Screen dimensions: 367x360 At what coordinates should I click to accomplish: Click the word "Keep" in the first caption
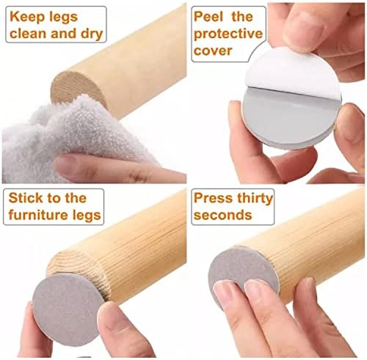pyautogui.click(x=27, y=17)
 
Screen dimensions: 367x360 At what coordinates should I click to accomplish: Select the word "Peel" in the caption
pyautogui.click(x=208, y=17)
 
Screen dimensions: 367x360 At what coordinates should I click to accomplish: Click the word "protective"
pyautogui.click(x=228, y=34)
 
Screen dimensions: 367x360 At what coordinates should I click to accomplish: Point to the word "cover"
pyautogui.click(x=213, y=51)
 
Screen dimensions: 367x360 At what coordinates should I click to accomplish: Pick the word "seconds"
pyautogui.click(x=222, y=215)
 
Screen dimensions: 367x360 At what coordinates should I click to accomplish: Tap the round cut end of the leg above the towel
pyautogui.click(x=78, y=87)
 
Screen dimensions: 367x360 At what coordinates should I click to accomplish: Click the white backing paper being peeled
pyautogui.click(x=292, y=72)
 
